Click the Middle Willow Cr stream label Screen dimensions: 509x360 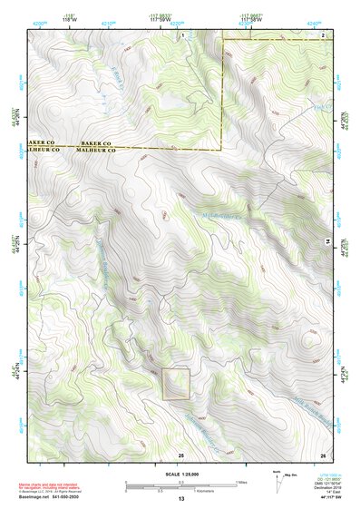221,216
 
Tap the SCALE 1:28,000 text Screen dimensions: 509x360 180,474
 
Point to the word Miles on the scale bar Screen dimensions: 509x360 240,481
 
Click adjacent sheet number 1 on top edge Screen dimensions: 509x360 181,34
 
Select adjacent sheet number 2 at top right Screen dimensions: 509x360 324,34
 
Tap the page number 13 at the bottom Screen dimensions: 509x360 180,500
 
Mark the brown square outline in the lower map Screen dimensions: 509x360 176,384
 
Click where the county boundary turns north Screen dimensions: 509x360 221,149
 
